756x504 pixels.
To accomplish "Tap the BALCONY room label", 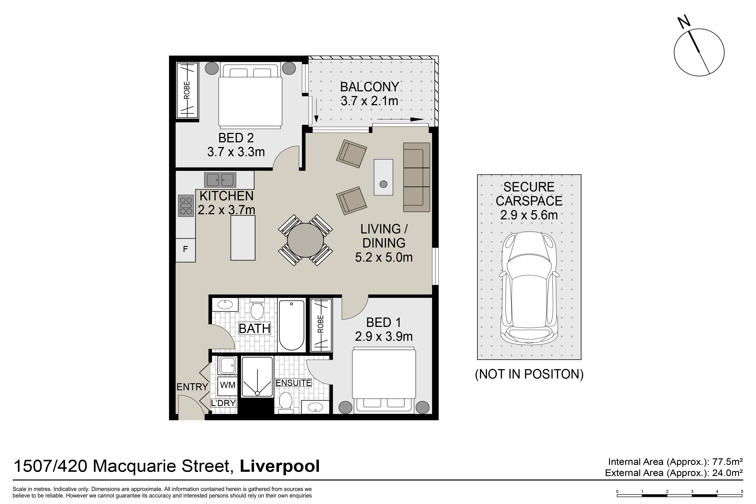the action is [x=369, y=87].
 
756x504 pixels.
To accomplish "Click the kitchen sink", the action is [x=220, y=180].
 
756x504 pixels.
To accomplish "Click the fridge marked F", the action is [x=185, y=250].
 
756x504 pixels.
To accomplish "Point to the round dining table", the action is [x=305, y=240].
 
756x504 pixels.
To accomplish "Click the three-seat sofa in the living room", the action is [x=417, y=177].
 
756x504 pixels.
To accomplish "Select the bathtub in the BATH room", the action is [x=291, y=325].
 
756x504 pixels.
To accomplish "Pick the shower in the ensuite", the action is [x=257, y=377].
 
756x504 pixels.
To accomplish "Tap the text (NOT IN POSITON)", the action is [x=529, y=374].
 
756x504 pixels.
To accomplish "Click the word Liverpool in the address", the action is [x=280, y=466].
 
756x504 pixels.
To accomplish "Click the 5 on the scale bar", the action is [x=742, y=491].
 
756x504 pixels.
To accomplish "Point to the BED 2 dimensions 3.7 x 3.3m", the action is [x=236, y=152].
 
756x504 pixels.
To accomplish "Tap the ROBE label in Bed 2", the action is [x=187, y=90].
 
